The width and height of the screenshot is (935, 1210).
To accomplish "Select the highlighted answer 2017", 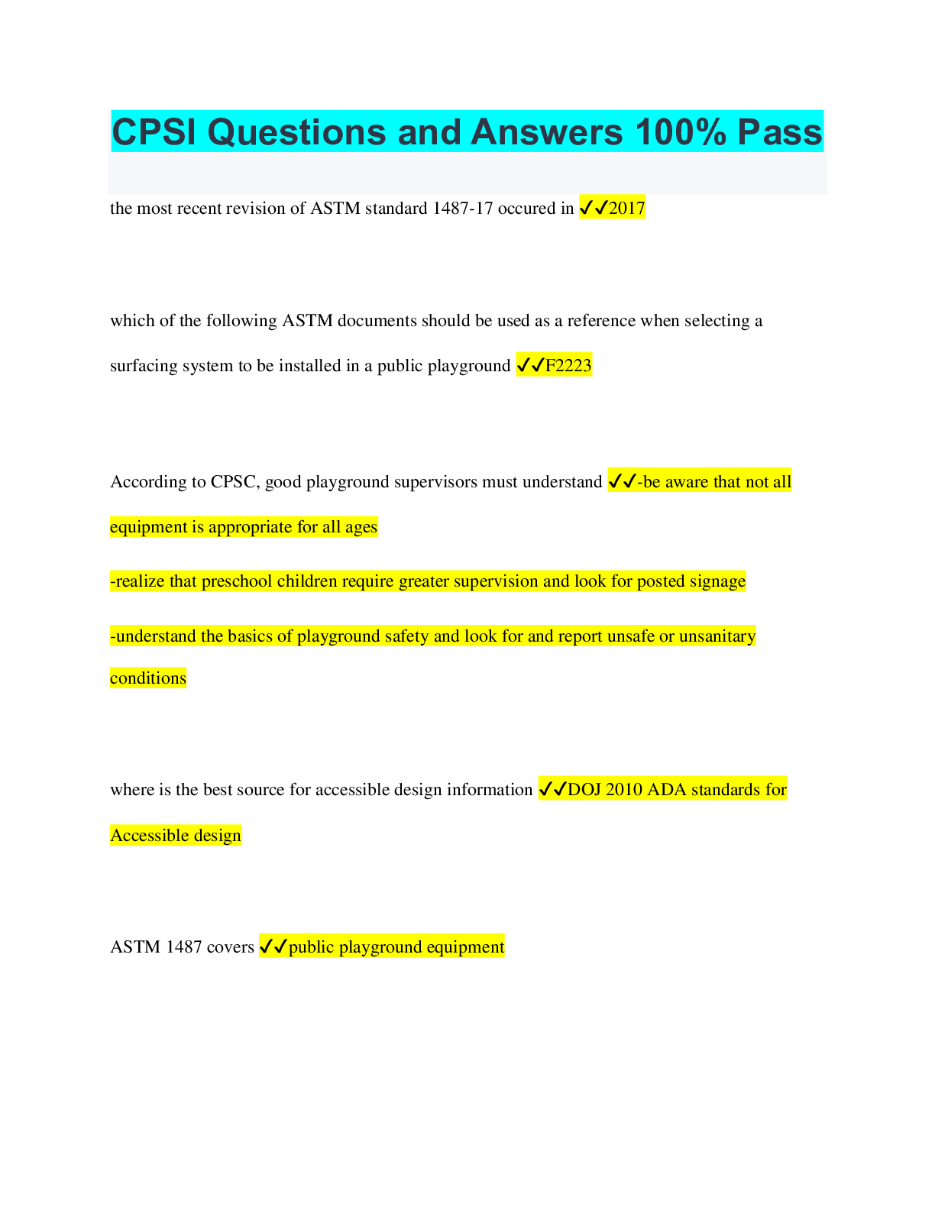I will point(626,209).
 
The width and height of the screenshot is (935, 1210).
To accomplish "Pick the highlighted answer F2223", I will point(568,366).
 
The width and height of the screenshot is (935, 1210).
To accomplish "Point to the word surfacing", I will point(144,366).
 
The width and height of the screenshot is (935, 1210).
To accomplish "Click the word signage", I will point(717,581).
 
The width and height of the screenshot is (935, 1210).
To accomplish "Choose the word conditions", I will point(148,678).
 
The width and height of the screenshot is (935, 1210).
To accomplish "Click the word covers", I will point(230,947).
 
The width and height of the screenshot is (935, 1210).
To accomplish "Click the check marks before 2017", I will point(594,208).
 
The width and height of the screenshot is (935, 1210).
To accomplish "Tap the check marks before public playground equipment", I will point(273,947).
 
